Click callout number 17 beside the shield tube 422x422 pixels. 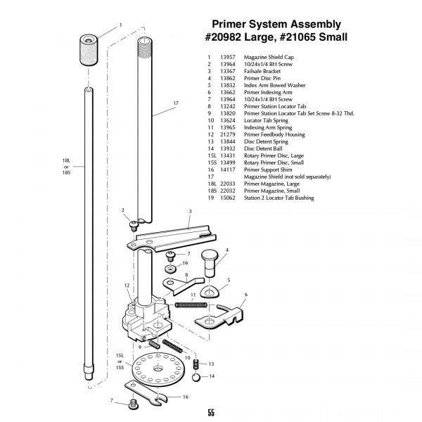pyautogui.click(x=176, y=103)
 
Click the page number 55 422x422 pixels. pyautogui.click(x=211, y=413)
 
